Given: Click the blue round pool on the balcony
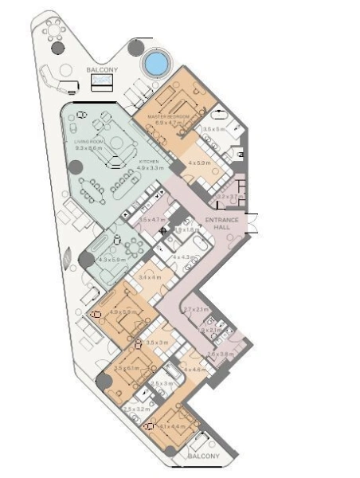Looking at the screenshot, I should pyautogui.click(x=156, y=61).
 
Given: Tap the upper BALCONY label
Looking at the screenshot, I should pyautogui.click(x=102, y=70).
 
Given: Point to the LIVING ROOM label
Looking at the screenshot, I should pyautogui.click(x=90, y=142).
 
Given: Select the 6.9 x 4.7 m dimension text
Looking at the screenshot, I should pyautogui.click(x=170, y=123).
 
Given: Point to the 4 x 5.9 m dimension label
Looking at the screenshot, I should pyautogui.click(x=198, y=163).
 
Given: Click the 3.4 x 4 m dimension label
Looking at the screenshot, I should pyautogui.click(x=150, y=276).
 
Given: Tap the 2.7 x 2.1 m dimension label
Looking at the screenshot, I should pyautogui.click(x=196, y=309).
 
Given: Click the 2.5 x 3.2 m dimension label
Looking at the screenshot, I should pyautogui.click(x=135, y=408).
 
